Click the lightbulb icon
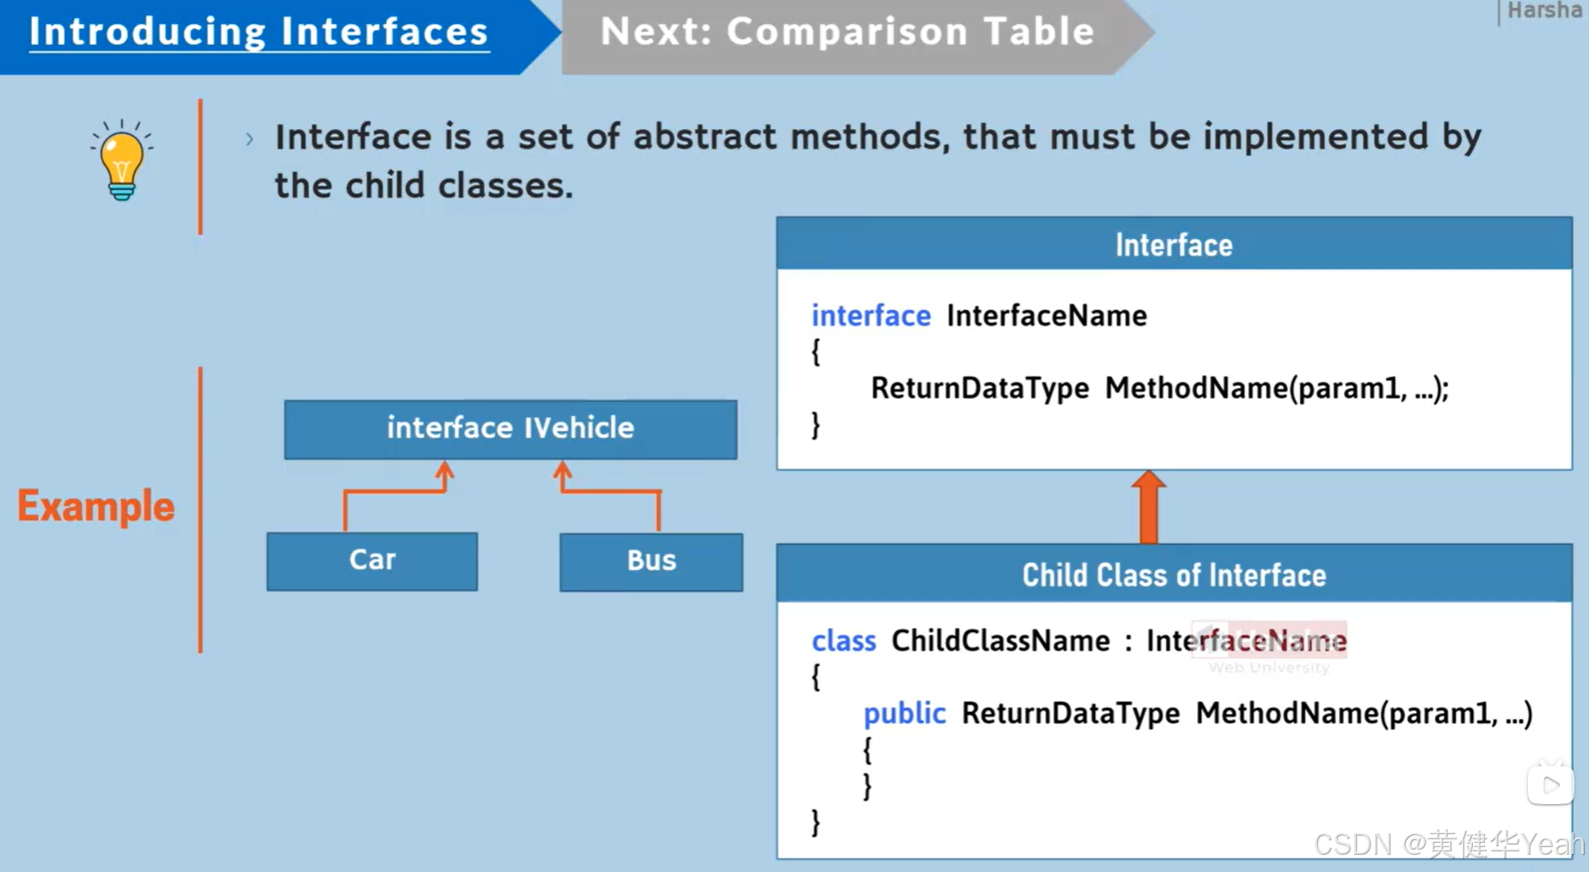click(121, 160)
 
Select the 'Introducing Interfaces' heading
click(259, 32)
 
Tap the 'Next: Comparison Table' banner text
click(847, 32)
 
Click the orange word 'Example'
click(95, 507)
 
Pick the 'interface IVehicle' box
click(510, 428)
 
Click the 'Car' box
click(371, 561)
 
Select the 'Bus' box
click(651, 562)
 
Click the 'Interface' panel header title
click(1174, 245)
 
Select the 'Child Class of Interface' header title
click(1174, 575)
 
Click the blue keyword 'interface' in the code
click(871, 316)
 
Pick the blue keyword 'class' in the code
click(844, 641)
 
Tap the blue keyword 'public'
click(904, 713)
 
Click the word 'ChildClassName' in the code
click(1000, 641)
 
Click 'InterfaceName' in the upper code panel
click(1046, 316)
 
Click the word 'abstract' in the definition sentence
click(705, 138)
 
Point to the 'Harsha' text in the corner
click(1545, 11)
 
